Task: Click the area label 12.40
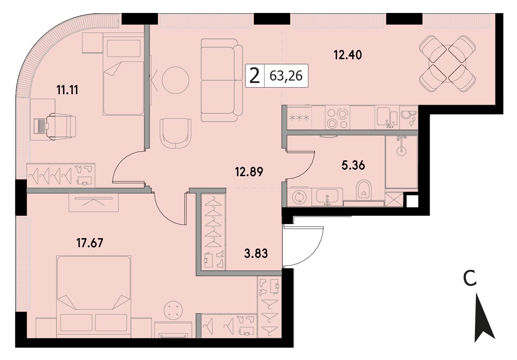tap(348, 55)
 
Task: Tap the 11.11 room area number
tap(68, 90)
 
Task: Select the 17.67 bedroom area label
tap(90, 243)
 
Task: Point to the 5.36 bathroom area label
tap(353, 165)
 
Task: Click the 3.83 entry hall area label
tap(256, 253)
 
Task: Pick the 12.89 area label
tap(249, 172)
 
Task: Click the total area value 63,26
tap(286, 76)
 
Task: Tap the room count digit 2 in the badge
tap(255, 76)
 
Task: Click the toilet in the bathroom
tap(364, 190)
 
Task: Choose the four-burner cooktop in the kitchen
tap(337, 118)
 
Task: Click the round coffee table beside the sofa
tap(176, 80)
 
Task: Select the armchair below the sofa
tap(175, 134)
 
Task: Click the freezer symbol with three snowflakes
tap(299, 118)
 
